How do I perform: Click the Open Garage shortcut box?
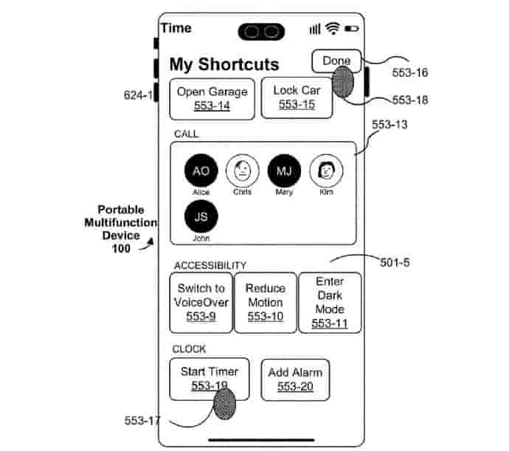click(x=212, y=98)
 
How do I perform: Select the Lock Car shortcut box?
click(x=297, y=98)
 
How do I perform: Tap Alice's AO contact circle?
click(x=201, y=171)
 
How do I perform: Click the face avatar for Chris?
click(x=242, y=171)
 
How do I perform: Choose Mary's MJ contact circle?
click(x=284, y=171)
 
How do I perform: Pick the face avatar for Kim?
click(x=325, y=171)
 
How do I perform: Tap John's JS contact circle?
click(x=201, y=217)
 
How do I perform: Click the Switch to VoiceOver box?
click(x=201, y=302)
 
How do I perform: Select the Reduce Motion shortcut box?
click(x=265, y=302)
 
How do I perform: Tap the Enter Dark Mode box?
click(x=330, y=302)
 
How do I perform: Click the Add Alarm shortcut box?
click(x=295, y=379)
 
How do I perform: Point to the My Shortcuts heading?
click(x=224, y=64)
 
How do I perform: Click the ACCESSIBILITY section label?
click(x=210, y=265)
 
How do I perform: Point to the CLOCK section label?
click(x=190, y=348)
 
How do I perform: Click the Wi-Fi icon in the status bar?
click(x=333, y=29)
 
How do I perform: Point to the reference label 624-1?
click(x=139, y=94)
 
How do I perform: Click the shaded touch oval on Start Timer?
click(x=224, y=405)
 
